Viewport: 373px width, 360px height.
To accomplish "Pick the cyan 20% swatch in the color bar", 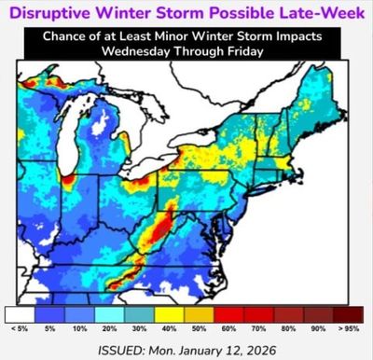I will pos(112,314).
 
